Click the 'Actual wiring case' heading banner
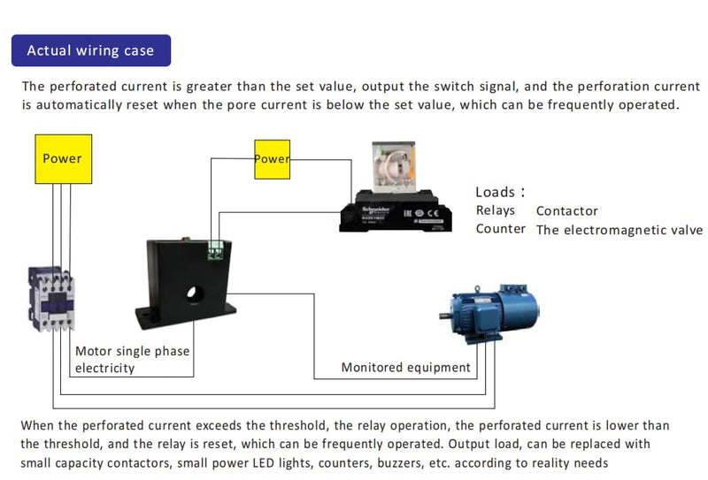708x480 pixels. (x=90, y=50)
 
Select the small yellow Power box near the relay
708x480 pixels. (x=272, y=159)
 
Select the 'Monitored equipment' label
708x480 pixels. (x=406, y=367)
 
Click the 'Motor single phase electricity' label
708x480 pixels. (x=132, y=359)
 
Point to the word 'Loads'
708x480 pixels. (x=496, y=192)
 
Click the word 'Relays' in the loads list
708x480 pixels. (x=495, y=210)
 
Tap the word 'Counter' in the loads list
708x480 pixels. (x=500, y=229)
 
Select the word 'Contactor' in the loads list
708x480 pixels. (x=566, y=211)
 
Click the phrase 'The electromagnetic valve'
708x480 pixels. (x=619, y=230)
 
